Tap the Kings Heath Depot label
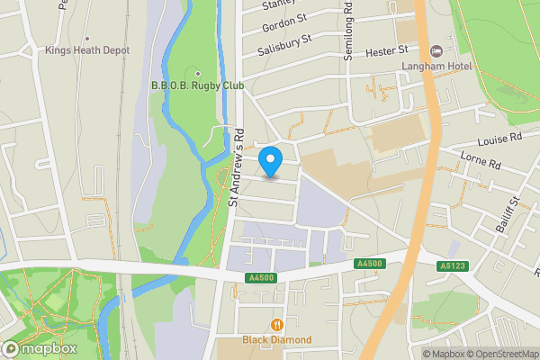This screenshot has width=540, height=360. [x=87, y=50]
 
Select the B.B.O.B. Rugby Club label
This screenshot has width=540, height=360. [x=197, y=87]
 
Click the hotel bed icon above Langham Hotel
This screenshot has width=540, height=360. [x=436, y=50]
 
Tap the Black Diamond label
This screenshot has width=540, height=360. [x=277, y=339]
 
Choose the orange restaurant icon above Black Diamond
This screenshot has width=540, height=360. [x=277, y=324]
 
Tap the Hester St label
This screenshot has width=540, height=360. [x=387, y=53]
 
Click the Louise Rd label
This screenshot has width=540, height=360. [x=500, y=139]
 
